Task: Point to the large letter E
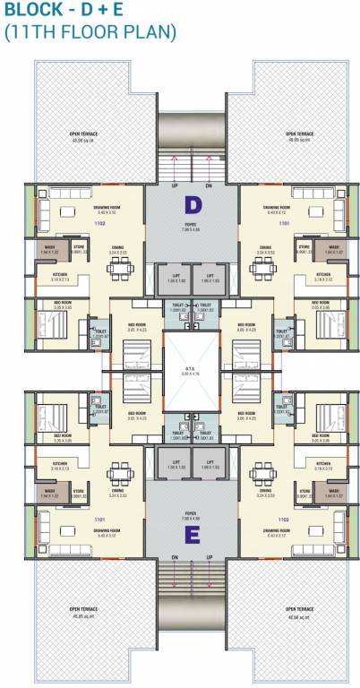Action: [x=191, y=535]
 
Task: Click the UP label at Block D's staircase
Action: [x=175, y=185]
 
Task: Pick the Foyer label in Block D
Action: [x=191, y=226]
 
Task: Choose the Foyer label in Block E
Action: [x=191, y=517]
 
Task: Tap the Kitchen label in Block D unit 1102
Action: [x=60, y=275]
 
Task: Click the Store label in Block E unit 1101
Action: [x=78, y=490]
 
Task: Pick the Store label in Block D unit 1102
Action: [x=78, y=246]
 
